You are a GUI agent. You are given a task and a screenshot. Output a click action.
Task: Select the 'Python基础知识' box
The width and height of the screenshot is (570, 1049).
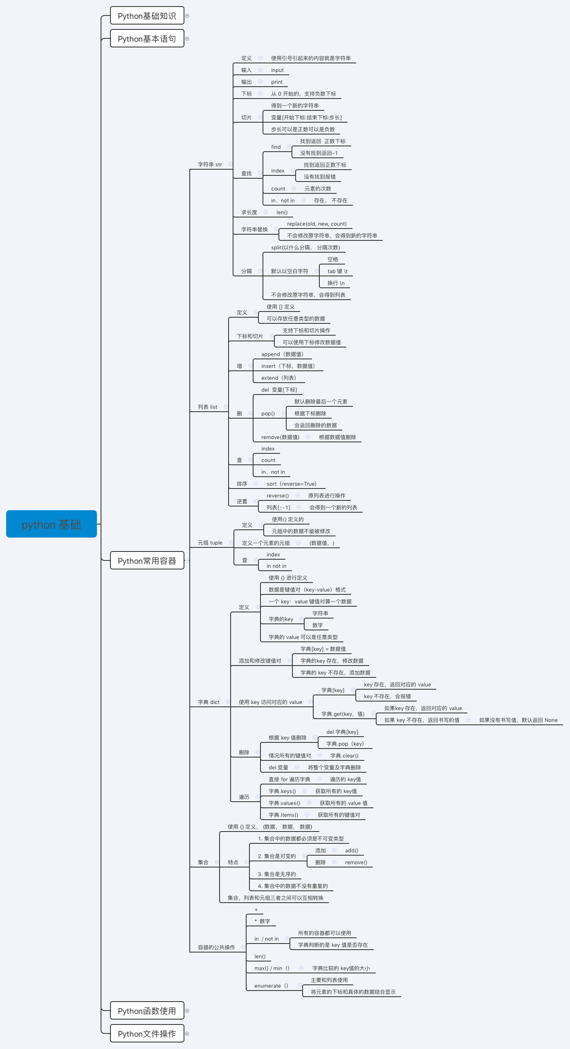click(147, 16)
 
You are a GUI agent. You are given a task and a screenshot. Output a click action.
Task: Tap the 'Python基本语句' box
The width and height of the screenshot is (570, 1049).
click(147, 39)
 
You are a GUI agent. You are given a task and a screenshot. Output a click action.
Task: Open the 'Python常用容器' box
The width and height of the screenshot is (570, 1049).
click(147, 560)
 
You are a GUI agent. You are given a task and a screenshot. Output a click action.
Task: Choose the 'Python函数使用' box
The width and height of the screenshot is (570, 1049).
click(147, 1011)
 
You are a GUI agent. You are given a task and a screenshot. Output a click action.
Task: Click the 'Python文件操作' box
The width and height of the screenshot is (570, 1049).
click(147, 1033)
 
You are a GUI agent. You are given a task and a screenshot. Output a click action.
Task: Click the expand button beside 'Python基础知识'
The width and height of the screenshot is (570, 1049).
click(187, 16)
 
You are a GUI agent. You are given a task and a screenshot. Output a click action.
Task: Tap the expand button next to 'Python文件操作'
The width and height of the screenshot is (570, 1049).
click(187, 1033)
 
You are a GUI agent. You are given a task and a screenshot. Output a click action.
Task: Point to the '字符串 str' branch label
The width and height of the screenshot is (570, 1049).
click(210, 165)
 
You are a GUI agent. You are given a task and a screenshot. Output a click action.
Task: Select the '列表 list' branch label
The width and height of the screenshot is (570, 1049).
click(207, 407)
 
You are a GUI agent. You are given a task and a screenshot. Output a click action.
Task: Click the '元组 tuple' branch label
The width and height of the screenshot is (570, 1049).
click(210, 543)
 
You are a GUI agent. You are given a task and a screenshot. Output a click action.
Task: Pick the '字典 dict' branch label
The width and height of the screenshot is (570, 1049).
click(209, 702)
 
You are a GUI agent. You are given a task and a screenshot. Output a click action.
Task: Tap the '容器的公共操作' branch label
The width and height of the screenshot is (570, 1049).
click(216, 947)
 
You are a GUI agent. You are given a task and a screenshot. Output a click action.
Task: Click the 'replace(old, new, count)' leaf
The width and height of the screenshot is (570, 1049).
click(316, 224)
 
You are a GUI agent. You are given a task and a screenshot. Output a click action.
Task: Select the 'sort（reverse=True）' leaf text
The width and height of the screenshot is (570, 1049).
click(292, 484)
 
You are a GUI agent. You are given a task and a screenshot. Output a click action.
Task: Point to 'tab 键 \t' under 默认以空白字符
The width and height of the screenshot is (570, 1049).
click(337, 271)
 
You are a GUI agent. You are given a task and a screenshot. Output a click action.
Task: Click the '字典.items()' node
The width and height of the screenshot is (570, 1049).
click(283, 815)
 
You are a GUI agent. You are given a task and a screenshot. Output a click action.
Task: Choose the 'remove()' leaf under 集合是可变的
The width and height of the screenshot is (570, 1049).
click(356, 862)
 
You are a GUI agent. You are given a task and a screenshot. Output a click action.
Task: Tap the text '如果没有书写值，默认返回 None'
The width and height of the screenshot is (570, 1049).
click(518, 720)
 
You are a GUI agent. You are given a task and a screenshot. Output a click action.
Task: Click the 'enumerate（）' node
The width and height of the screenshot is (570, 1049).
click(272, 986)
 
